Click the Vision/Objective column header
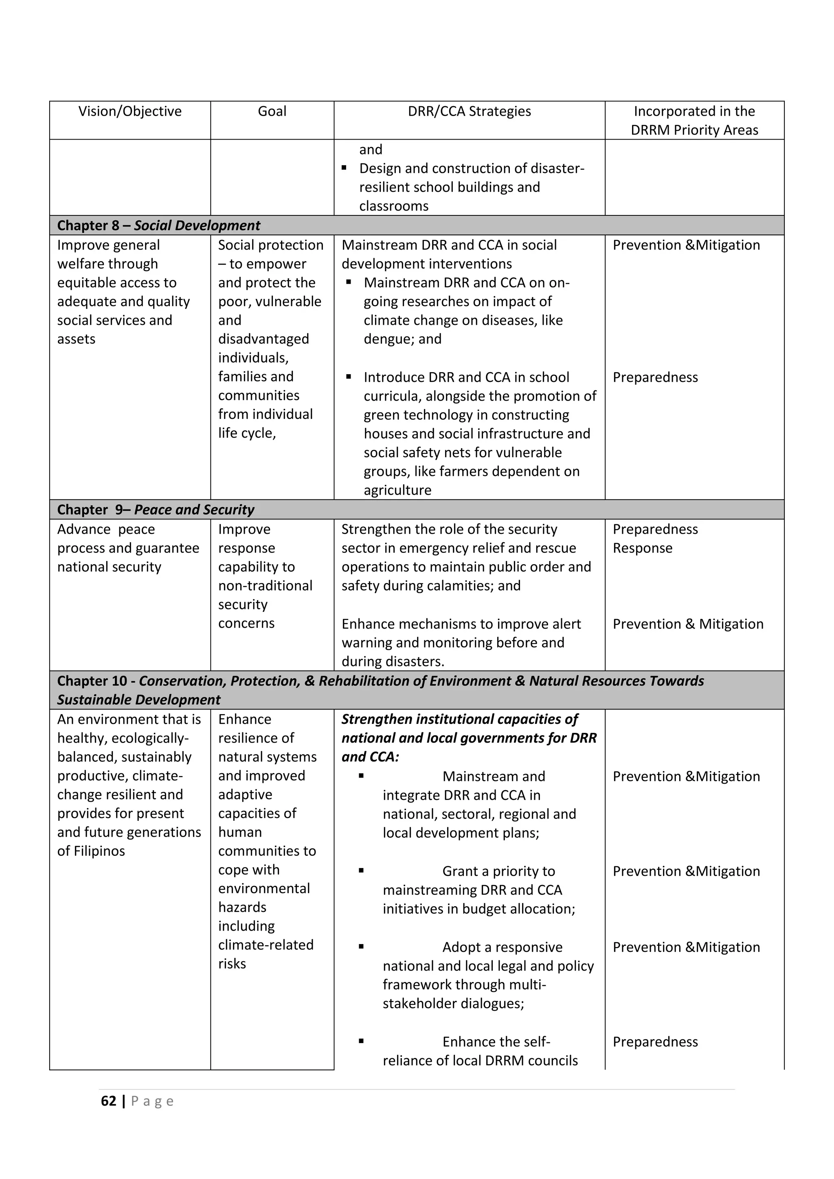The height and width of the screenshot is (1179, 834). (130, 112)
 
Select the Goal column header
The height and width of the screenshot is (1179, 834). (272, 112)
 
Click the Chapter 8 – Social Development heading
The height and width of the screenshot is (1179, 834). (159, 226)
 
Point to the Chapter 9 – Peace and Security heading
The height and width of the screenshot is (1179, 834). (156, 509)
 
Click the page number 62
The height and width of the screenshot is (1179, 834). (108, 1101)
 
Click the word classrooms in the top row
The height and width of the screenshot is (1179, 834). (393, 206)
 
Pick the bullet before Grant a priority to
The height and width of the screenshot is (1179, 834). (362, 870)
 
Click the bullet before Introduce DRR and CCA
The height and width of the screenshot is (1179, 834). (349, 377)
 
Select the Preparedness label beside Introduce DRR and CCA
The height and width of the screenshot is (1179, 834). (655, 377)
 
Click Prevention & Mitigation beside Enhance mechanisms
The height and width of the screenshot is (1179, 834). (688, 624)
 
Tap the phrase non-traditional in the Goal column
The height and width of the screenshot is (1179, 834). (265, 586)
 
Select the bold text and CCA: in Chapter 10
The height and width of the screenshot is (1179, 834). (370, 757)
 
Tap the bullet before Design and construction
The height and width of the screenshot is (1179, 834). (344, 168)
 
